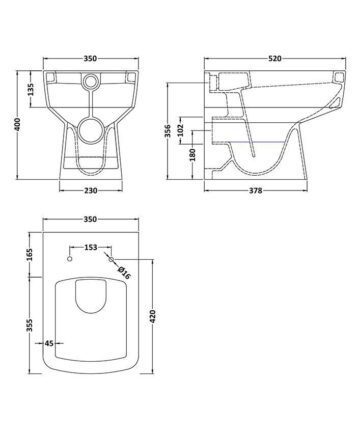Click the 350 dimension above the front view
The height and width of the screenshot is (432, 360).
coord(90,59)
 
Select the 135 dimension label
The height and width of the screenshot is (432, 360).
coord(30,89)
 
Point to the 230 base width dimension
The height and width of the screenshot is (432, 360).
coord(91,191)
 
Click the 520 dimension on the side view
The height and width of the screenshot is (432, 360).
coord(275,59)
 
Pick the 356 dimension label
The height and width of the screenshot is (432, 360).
coord(168,131)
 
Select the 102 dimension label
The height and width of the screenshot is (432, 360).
coord(180,130)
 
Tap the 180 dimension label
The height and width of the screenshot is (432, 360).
coord(193,154)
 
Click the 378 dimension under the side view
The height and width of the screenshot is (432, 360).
coord(256,191)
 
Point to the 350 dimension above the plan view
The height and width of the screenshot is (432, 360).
coord(90,219)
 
